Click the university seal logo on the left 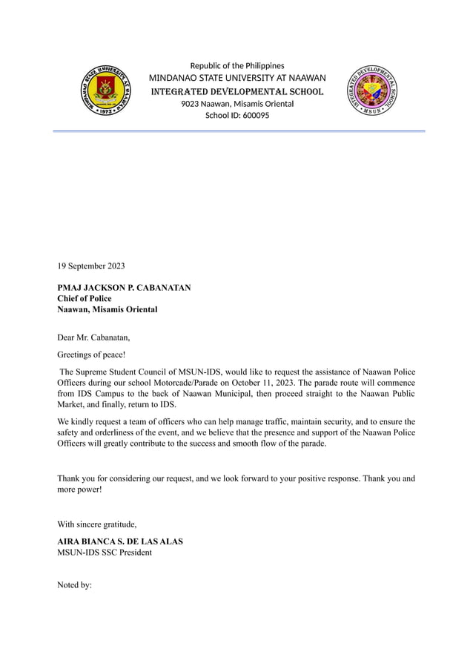point(104,91)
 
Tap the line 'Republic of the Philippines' point(237,66)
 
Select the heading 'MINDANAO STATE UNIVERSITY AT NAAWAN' point(237,79)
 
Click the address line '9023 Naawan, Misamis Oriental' point(237,104)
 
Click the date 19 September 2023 point(91,266)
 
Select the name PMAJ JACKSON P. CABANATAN point(124,287)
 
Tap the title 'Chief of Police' point(85,298)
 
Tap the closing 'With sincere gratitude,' point(97,524)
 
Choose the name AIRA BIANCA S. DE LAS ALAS point(120,541)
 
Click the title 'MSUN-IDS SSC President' point(105,553)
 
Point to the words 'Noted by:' point(74,585)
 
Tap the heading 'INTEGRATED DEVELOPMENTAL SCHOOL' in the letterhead point(237,92)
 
